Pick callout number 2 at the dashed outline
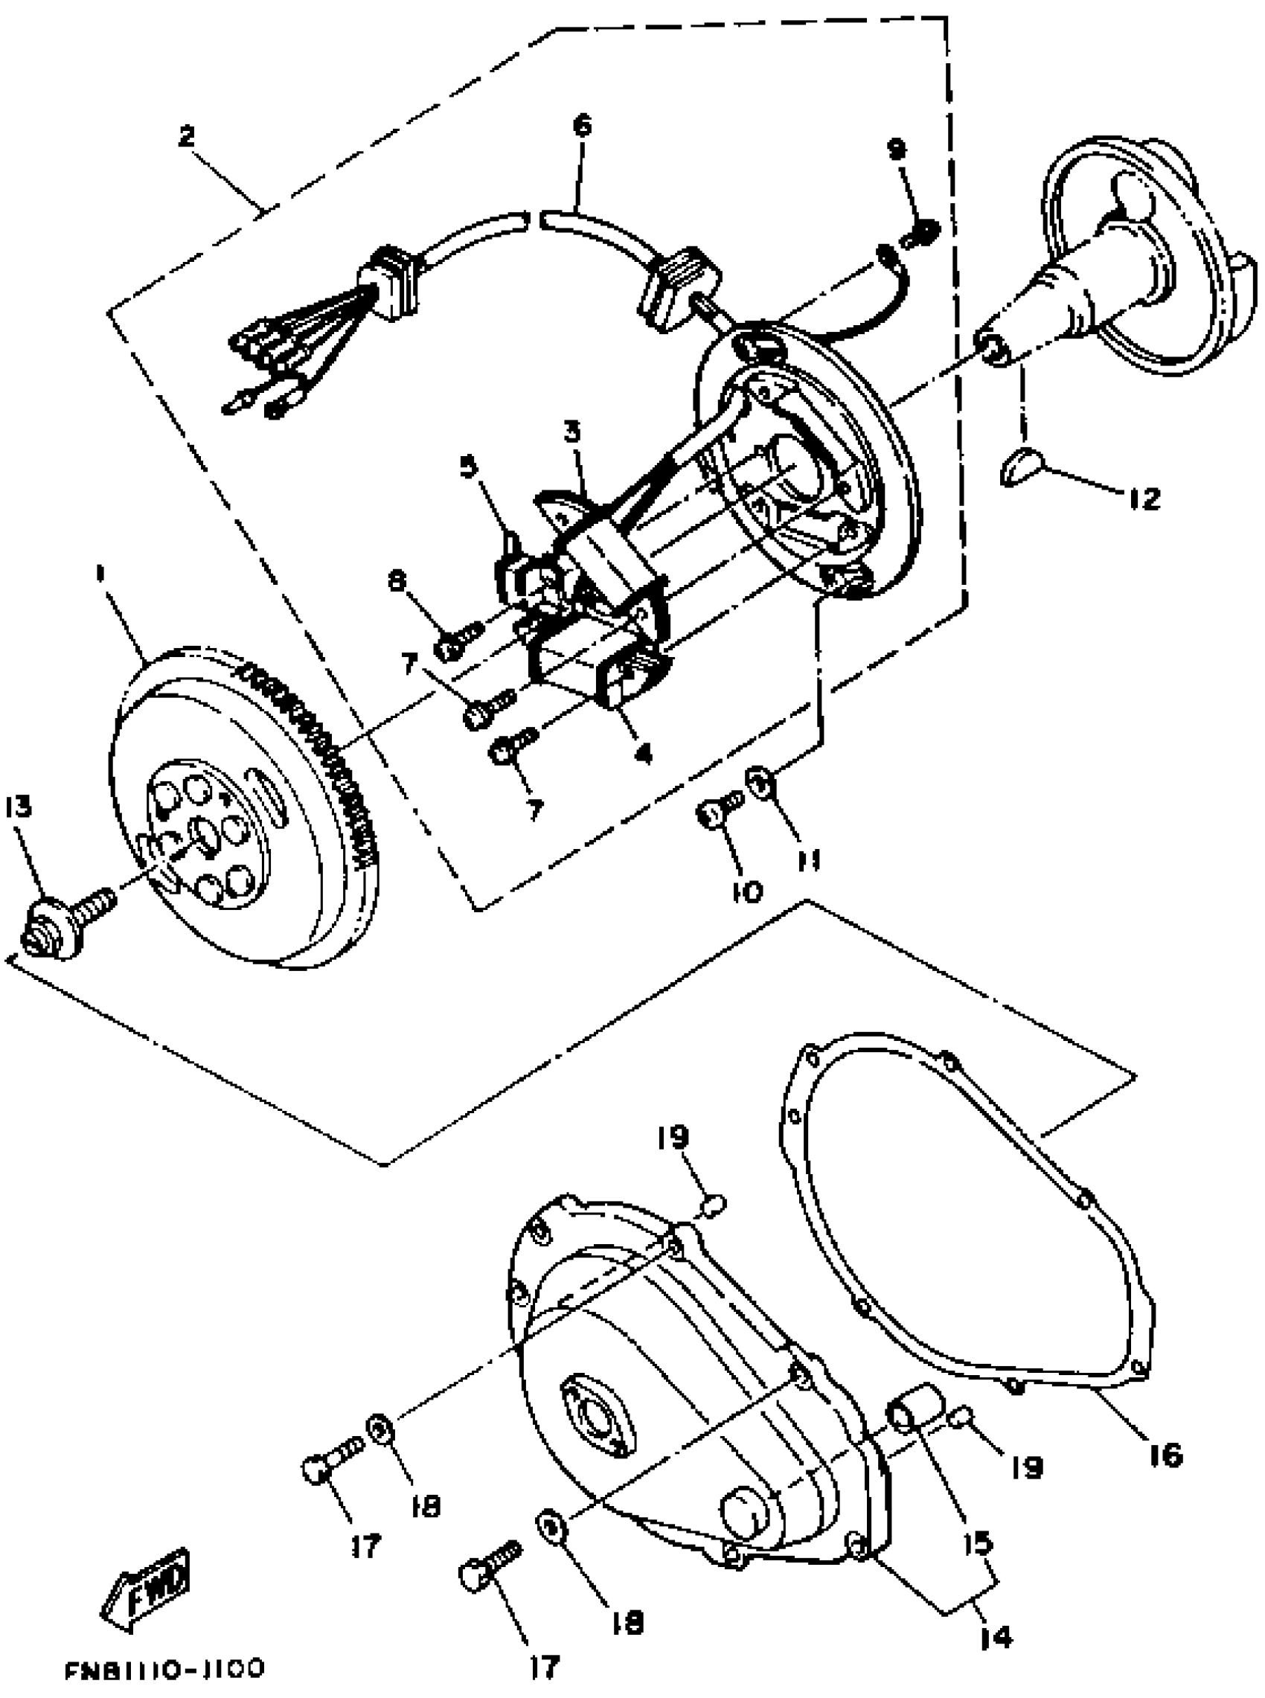pyautogui.click(x=186, y=136)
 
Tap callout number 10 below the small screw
pyautogui.click(x=748, y=891)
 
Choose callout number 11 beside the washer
pyautogui.click(x=810, y=860)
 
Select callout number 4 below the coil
pyautogui.click(x=643, y=754)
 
